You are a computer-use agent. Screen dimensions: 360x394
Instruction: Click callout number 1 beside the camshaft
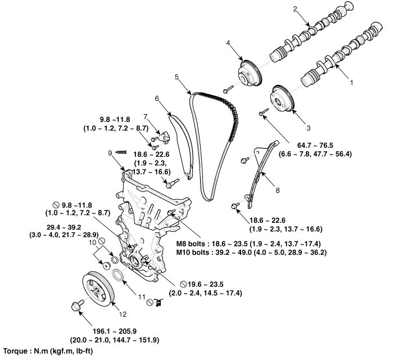[352, 82]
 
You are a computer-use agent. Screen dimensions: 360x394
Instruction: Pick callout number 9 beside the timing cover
[157, 98]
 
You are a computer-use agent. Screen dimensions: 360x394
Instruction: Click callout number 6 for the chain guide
[157, 98]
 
